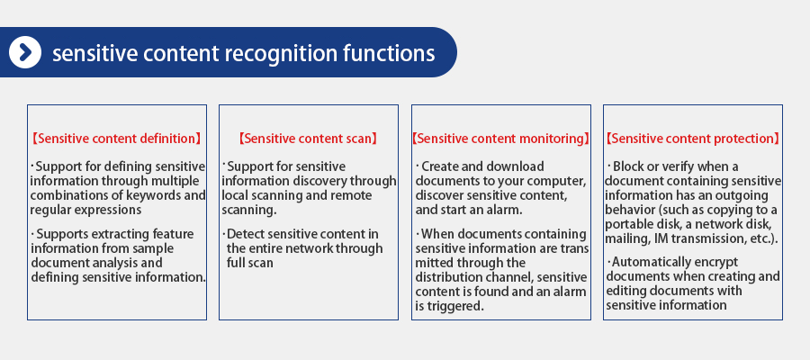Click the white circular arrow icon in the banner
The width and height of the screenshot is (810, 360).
click(25, 52)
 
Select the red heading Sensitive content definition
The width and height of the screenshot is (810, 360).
click(117, 139)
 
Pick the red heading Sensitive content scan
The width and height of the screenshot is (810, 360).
click(309, 139)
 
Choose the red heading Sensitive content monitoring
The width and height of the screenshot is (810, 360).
click(501, 139)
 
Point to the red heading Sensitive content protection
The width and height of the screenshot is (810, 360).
click(693, 139)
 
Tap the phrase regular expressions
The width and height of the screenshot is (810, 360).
click(85, 211)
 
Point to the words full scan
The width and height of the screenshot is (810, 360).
click(250, 263)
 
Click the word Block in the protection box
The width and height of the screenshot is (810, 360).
click(627, 166)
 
